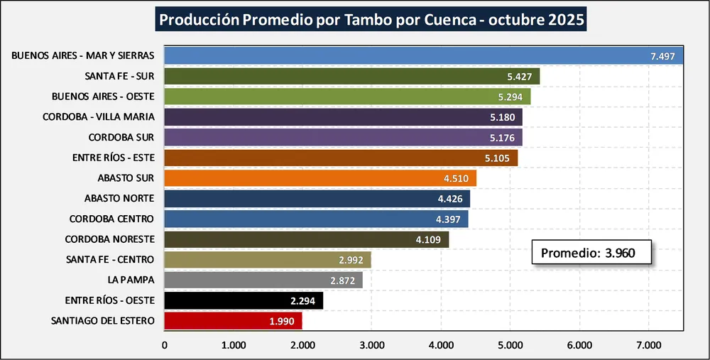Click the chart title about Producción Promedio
[371, 19]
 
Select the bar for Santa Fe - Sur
[351, 76]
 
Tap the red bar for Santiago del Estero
[233, 321]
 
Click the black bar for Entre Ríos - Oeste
[244, 300]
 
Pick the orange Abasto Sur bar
[319, 178]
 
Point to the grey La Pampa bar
[263, 280]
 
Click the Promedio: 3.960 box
[591, 253]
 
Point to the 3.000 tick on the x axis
[371, 346]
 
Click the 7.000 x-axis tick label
[648, 346]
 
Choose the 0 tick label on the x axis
[165, 346]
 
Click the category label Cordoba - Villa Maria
[98, 116]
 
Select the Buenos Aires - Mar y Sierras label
[83, 55]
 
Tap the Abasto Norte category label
[119, 198]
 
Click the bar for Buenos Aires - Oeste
[347, 97]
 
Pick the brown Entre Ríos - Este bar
[341, 158]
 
